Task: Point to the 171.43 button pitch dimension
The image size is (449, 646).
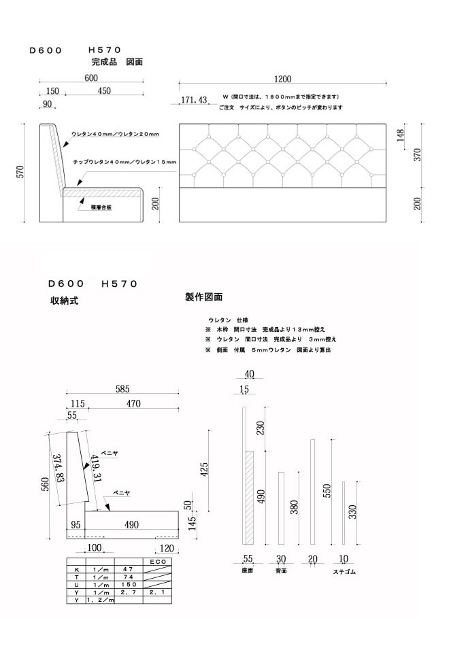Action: click(194, 101)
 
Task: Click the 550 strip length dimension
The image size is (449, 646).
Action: click(327, 491)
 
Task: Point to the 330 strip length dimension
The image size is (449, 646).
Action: click(353, 512)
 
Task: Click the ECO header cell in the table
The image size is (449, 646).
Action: click(156, 562)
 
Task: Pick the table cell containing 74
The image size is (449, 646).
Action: click(127, 576)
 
